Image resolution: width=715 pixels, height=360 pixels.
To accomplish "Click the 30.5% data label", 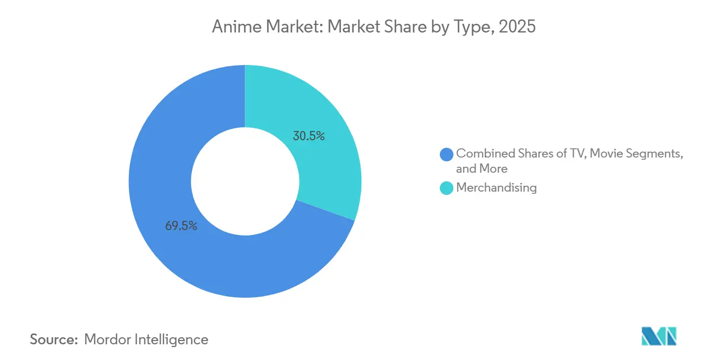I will point(309,136).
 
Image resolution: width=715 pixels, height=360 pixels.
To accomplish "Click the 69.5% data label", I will point(181,226).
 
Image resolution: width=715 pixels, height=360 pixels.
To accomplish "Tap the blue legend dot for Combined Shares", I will point(447,154).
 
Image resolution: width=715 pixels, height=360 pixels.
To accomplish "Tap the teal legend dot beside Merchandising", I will point(447,188).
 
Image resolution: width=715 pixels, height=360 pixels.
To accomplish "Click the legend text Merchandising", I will point(496,188).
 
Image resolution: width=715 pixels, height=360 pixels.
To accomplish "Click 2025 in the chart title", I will point(517,27).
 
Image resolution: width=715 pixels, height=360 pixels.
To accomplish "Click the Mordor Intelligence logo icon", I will point(659,336).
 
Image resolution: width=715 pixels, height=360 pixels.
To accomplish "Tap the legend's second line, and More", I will point(482,169).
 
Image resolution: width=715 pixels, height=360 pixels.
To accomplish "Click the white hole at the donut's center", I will point(245,181).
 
